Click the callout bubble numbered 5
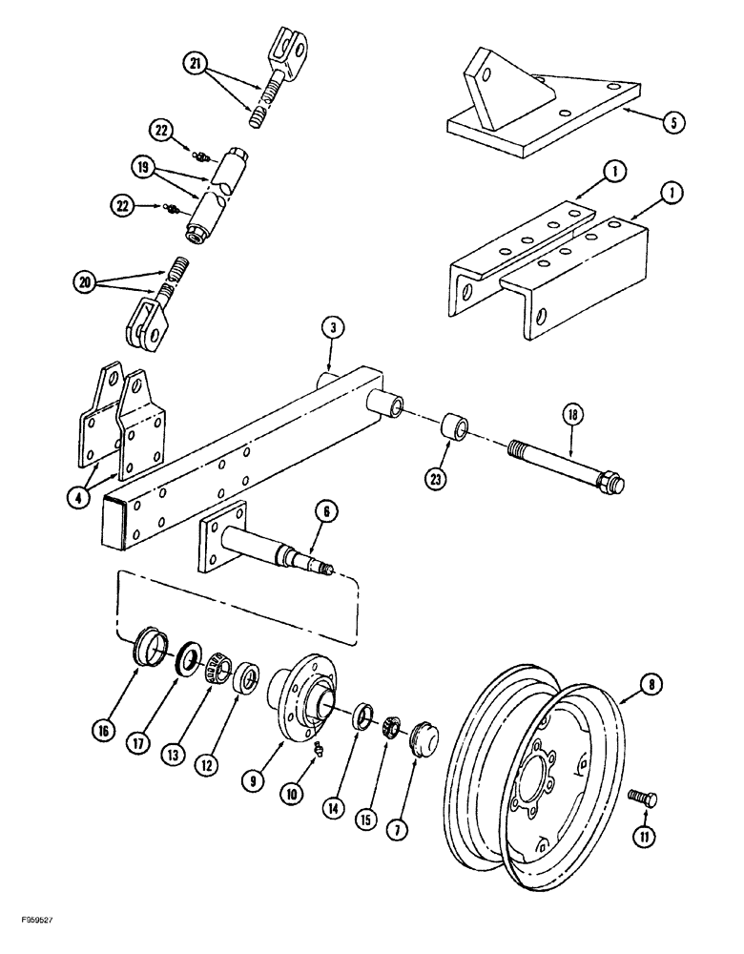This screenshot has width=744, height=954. pyautogui.click(x=673, y=123)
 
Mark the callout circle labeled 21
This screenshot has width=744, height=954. pyautogui.click(x=196, y=64)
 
